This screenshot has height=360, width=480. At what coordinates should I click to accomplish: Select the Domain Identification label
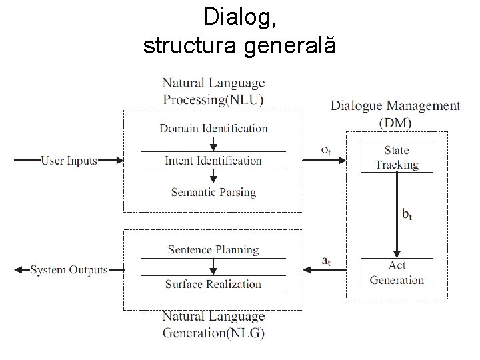tap(213, 128)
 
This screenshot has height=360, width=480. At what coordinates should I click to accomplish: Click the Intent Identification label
tap(213, 160)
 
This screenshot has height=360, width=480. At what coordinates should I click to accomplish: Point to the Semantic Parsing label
tap(213, 192)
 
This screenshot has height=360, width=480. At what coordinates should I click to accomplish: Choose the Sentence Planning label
tap(213, 250)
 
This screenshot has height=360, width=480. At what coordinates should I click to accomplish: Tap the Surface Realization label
tap(213, 284)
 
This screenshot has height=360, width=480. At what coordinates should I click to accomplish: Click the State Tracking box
tap(397, 157)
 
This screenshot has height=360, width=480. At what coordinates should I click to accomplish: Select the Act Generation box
tap(397, 273)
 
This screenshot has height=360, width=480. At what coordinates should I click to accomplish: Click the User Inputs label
tap(69, 160)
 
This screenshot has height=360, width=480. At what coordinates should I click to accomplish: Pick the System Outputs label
tap(69, 270)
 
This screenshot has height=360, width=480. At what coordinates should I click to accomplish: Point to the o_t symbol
tap(326, 151)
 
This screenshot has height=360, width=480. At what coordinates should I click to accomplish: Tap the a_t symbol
tap(326, 261)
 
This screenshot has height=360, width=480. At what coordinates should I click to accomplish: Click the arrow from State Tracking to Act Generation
tap(397, 213)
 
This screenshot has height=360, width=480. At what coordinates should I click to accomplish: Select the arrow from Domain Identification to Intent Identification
tap(213, 143)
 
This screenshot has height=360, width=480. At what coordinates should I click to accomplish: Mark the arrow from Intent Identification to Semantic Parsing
tap(213, 176)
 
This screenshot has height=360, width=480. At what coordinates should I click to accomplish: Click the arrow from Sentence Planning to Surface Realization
tap(213, 267)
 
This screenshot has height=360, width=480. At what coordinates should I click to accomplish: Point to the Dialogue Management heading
tap(395, 105)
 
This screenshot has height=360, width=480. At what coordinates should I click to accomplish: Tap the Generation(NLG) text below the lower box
tap(213, 332)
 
